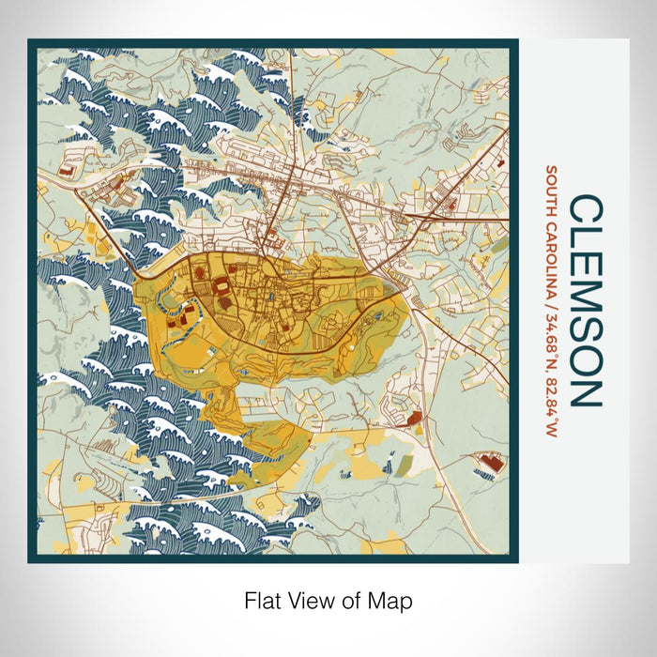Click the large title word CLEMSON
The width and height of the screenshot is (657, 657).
pos(587,300)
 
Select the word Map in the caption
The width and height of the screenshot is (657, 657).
pos(393,600)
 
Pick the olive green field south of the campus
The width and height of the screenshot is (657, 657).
pos(403,464)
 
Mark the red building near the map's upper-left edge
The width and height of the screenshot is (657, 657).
pos(64,172)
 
